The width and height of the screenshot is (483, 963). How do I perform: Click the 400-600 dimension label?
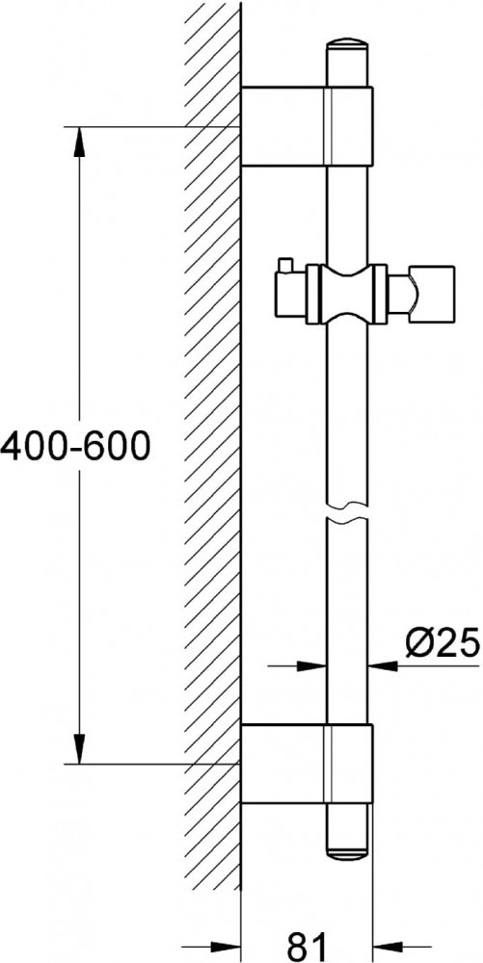click(75, 447)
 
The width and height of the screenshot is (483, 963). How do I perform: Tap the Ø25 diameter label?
click(442, 644)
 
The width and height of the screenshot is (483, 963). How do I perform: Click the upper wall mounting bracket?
click(307, 126)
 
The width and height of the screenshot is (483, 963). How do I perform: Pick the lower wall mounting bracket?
click(307, 763)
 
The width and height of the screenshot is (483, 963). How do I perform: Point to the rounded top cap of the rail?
click(347, 50)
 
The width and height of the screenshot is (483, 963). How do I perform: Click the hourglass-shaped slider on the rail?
click(347, 294)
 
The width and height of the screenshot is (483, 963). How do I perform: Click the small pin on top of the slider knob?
click(283, 265)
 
